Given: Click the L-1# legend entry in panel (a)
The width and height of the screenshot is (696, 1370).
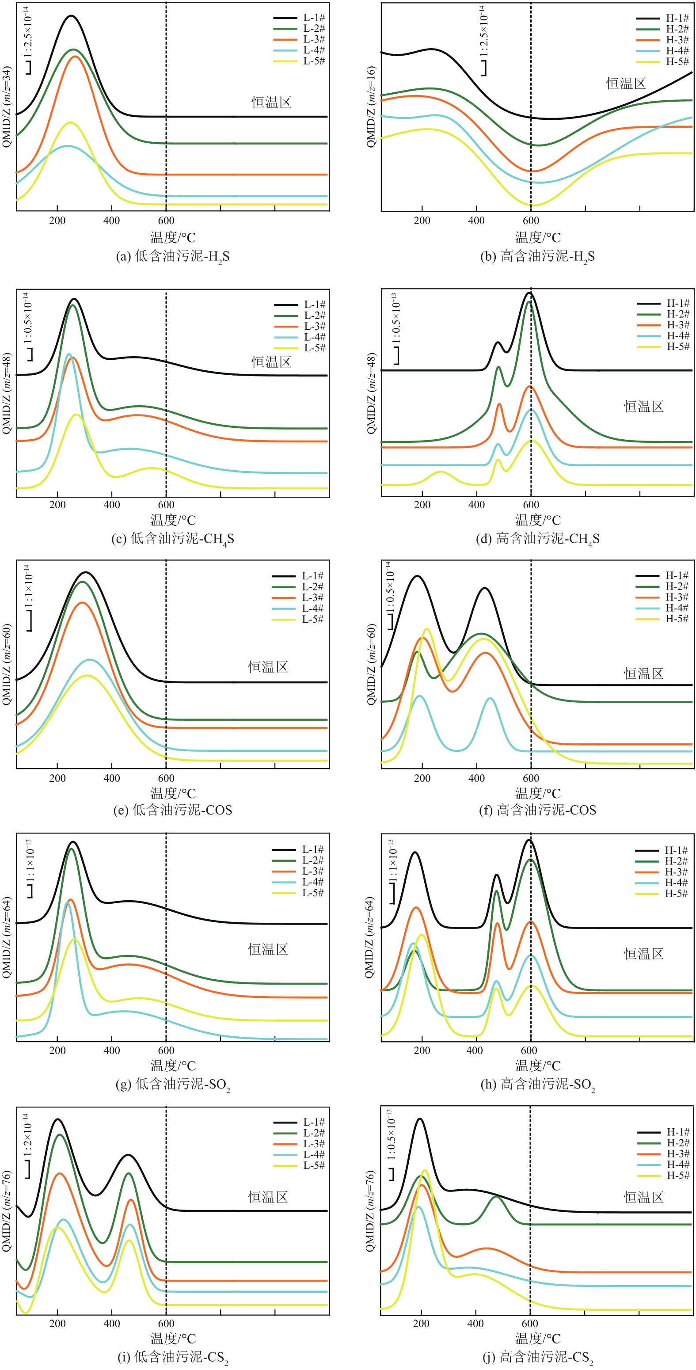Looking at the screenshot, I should (x=314, y=18).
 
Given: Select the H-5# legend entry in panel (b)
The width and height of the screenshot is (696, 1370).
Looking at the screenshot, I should (x=677, y=62).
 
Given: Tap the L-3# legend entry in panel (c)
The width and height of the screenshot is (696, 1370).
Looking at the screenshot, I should (x=314, y=326).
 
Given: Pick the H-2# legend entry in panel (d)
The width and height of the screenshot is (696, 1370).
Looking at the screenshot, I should (x=678, y=314).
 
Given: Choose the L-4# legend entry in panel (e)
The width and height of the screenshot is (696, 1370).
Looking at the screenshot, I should (x=312, y=609).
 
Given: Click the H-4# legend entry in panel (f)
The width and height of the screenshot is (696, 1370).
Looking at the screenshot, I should (x=676, y=608).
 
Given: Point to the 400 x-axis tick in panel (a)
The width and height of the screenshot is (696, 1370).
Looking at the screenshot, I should (x=112, y=221).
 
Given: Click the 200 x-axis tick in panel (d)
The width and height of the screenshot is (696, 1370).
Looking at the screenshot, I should (x=422, y=505).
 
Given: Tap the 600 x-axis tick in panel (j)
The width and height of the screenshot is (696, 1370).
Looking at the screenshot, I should (x=529, y=1324).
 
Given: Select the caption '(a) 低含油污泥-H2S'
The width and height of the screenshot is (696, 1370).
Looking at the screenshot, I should (x=173, y=257).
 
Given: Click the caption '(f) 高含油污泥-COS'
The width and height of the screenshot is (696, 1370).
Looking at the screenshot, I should (x=537, y=810).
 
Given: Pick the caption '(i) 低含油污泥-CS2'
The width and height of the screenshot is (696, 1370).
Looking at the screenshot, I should (x=173, y=1357).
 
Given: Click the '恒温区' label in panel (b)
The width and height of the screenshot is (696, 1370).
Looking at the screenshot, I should (x=626, y=84).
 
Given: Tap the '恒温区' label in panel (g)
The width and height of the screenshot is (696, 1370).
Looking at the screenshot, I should (x=268, y=949).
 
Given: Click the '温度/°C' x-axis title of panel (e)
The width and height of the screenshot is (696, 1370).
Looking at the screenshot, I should (x=173, y=793).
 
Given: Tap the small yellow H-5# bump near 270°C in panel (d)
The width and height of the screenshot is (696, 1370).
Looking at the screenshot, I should (x=440, y=472).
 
